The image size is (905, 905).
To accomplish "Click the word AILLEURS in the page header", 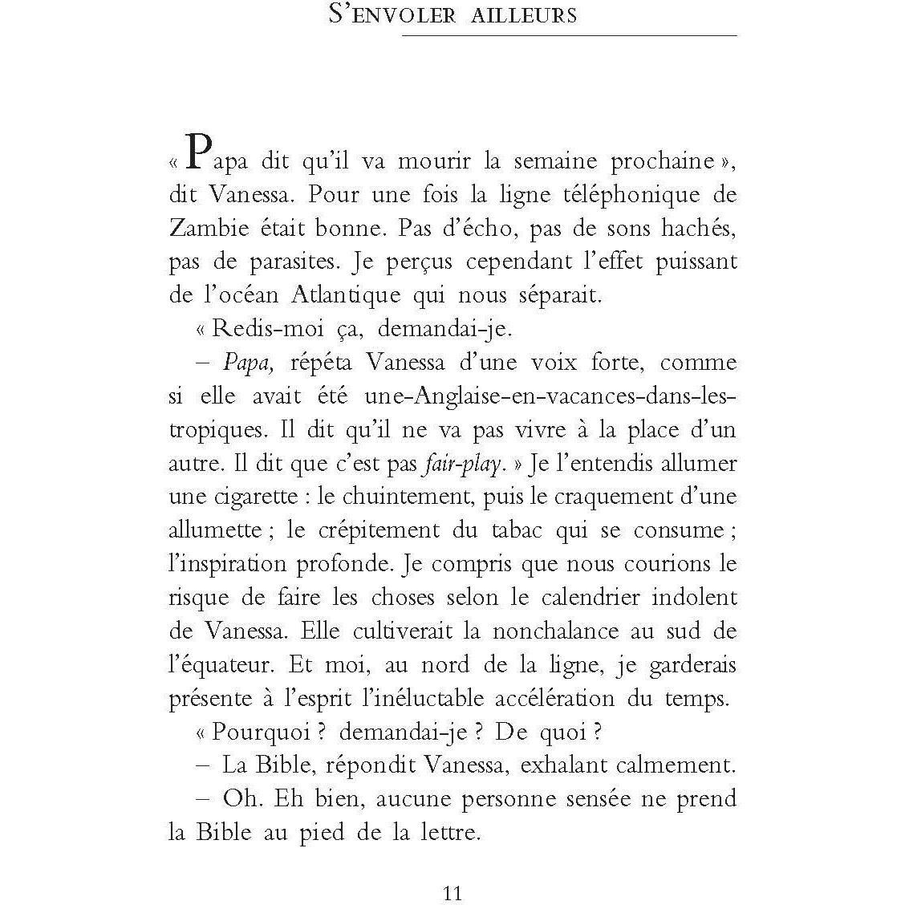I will (x=519, y=15).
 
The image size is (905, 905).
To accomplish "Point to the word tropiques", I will (x=214, y=430).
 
